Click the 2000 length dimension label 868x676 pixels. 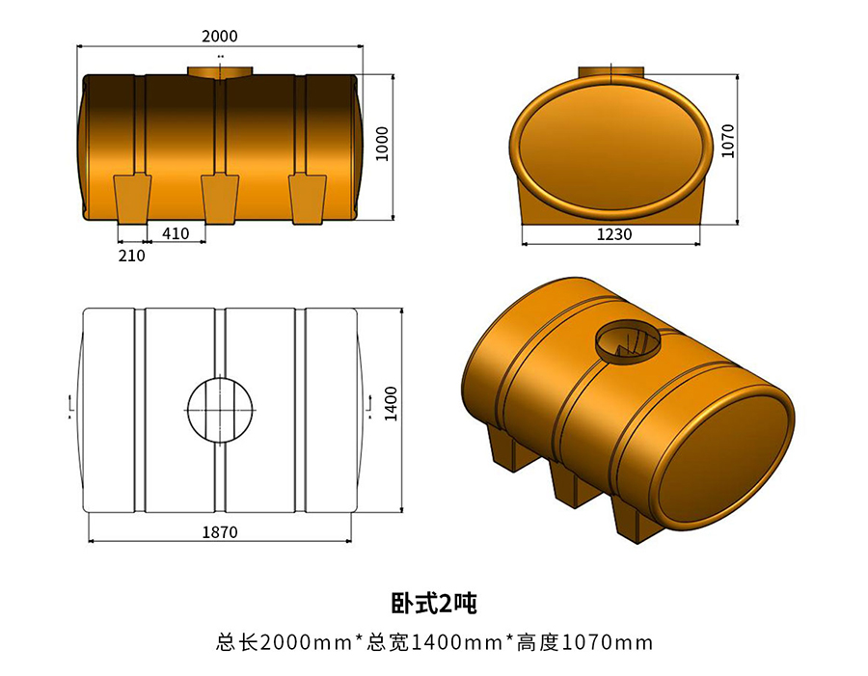tap(220, 36)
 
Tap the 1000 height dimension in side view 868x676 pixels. tap(382, 144)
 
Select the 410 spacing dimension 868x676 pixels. tap(176, 232)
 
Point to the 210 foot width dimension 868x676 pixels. tap(131, 256)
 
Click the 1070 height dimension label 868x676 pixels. tap(728, 141)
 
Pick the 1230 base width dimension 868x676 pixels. tap(609, 234)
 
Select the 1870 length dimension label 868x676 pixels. tap(220, 531)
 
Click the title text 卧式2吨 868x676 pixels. tap(433, 604)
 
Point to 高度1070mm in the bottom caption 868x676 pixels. tap(584, 642)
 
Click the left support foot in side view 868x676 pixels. tap(132, 198)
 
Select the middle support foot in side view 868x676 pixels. tap(220, 198)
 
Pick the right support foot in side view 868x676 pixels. tap(308, 198)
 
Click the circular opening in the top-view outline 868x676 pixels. tap(220, 409)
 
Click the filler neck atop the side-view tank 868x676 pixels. tap(220, 72)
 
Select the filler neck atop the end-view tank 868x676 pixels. tap(611, 73)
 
